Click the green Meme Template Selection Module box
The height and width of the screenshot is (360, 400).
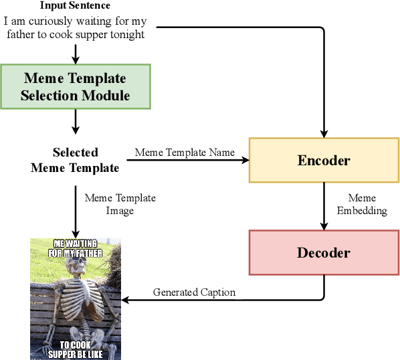(x=75, y=87)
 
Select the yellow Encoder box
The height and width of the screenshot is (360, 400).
(x=324, y=161)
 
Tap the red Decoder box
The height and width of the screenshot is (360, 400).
(x=324, y=253)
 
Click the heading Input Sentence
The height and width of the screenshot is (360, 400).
(x=75, y=6)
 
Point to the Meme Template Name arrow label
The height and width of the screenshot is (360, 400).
(x=185, y=152)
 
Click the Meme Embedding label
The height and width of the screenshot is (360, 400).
(x=362, y=204)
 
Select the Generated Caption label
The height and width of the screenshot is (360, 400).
(x=194, y=292)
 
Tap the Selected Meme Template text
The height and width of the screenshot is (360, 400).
(x=75, y=160)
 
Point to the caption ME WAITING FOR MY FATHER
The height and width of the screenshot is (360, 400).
(x=75, y=248)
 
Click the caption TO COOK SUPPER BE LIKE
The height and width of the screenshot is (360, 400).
(x=75, y=349)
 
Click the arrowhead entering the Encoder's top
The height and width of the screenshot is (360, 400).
(x=324, y=132)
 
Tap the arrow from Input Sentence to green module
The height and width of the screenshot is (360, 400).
(x=75, y=52)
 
